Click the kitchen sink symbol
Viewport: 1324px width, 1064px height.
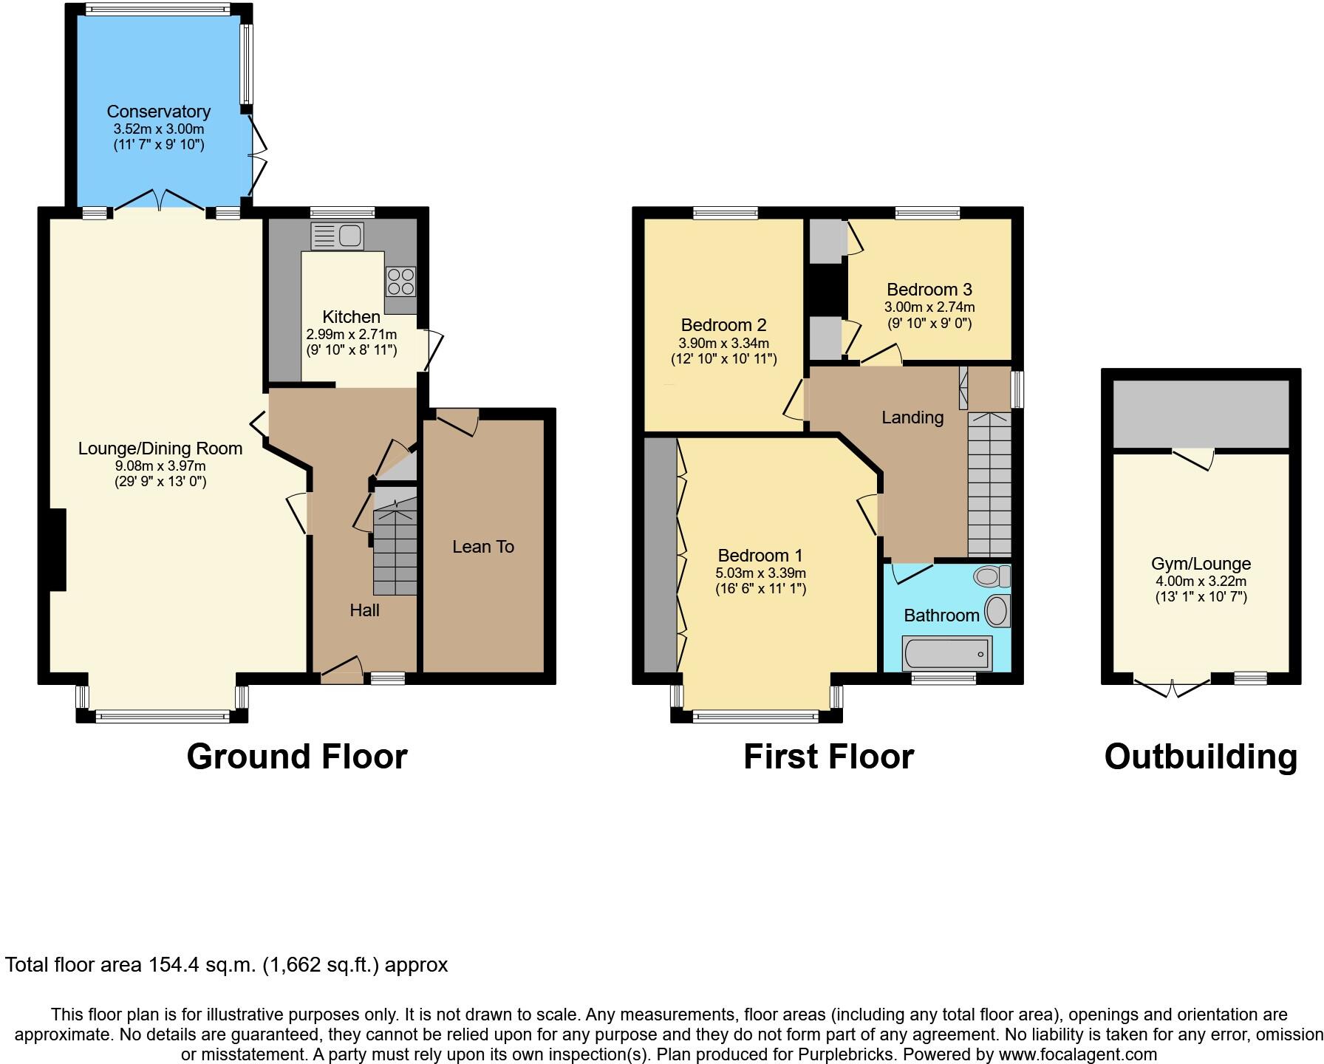point(338,236)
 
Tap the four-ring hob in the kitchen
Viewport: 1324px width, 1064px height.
point(400,282)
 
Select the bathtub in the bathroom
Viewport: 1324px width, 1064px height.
point(946,654)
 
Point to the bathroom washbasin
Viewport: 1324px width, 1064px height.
point(997,612)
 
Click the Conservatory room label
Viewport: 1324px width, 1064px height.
point(158,112)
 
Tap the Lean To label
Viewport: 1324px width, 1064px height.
point(483,547)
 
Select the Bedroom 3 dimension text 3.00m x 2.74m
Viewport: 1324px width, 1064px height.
point(929,307)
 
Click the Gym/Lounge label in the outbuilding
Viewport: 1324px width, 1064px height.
point(1201,564)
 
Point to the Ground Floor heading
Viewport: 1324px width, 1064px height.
point(296,757)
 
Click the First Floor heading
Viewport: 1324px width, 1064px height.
point(828,757)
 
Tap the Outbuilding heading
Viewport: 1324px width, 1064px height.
point(1201,757)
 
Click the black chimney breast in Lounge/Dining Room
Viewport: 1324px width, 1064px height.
point(58,550)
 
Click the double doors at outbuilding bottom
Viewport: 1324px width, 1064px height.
point(1173,687)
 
